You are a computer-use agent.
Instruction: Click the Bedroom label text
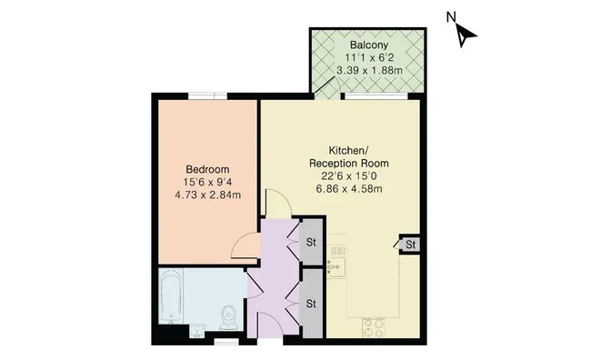(207, 169)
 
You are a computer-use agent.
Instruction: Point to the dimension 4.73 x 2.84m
(207, 194)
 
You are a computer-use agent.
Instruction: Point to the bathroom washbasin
(197, 330)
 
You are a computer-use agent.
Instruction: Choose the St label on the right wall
(410, 245)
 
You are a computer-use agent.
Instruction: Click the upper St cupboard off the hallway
(310, 242)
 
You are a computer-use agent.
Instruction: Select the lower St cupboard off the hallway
(310, 303)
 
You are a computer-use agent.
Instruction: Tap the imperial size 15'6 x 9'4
(207, 182)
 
